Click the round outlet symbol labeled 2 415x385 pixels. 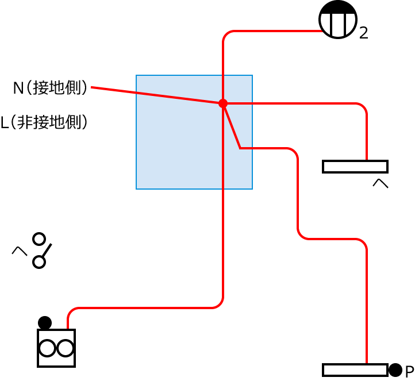pos(339,20)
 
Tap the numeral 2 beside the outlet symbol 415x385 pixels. pos(363,33)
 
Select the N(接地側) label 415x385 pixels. pos(51,88)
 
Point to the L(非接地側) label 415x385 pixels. pos(45,122)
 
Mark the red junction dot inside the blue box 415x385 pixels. pos(223,103)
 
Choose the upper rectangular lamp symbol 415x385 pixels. pos(355,167)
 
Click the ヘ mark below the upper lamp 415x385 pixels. pos(381,184)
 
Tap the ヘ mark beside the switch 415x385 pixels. pos(20,251)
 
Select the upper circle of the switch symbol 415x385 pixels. pos(39,238)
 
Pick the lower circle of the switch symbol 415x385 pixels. pos(39,262)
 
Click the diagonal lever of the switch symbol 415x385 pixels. pos(46,251)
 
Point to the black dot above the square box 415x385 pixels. pos(45,322)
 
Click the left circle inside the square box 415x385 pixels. pos(48,348)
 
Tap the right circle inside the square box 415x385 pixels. pos(65,348)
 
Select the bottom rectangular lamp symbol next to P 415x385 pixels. pos(355,370)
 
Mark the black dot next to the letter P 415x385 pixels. pos(395,370)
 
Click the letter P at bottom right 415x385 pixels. pos(409,372)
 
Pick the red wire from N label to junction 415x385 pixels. pos(155,95)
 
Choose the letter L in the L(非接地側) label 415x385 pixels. pos(5,123)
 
